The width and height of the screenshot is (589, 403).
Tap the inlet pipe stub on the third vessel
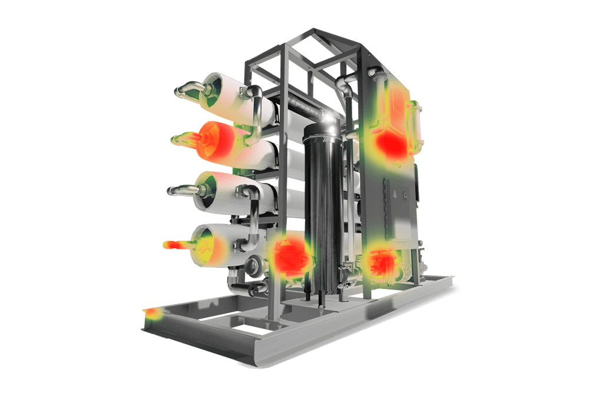pos(183,190)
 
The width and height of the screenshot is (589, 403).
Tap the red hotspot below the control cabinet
pos(381,261)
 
